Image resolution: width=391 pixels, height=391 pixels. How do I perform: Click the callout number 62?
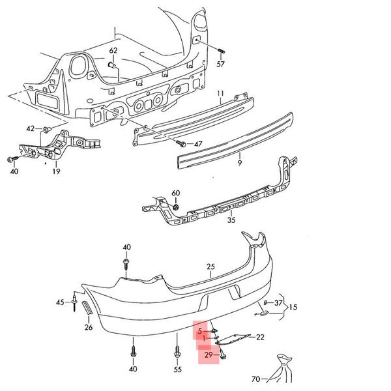coord(113,50)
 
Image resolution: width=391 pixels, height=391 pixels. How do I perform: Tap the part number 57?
coord(220,64)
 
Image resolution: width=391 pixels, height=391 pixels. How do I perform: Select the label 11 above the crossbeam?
coord(220,94)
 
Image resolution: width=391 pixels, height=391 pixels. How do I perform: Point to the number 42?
coord(31,128)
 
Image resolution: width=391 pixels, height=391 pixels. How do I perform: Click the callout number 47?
coord(198,143)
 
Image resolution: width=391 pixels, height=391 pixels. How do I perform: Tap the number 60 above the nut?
coord(175,194)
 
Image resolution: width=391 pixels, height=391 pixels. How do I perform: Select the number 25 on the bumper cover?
coord(210,267)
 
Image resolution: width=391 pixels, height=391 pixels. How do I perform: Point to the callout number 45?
coord(60,302)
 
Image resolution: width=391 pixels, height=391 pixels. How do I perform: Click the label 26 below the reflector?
coord(89,327)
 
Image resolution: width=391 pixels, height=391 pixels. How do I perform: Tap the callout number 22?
coord(260,337)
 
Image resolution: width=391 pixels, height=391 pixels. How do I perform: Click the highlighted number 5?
coord(201,331)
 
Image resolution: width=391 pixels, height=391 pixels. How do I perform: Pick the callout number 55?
coord(178,369)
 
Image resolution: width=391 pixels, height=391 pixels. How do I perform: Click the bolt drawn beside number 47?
coord(183,143)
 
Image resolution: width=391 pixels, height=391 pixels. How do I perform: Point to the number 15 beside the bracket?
coord(293,306)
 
